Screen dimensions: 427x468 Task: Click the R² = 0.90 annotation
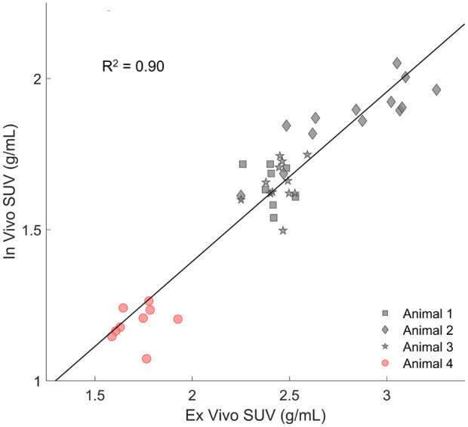coord(134,67)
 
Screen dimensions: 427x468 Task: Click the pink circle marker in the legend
coord(386,363)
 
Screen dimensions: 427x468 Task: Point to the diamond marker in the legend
coord(386,330)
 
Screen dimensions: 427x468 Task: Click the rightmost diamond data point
coord(436,90)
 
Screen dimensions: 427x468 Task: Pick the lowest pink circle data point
coord(146,359)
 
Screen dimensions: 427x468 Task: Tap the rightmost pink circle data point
coord(178,319)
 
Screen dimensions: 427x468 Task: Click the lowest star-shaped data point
coord(283,231)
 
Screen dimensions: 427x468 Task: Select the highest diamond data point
coord(397,63)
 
